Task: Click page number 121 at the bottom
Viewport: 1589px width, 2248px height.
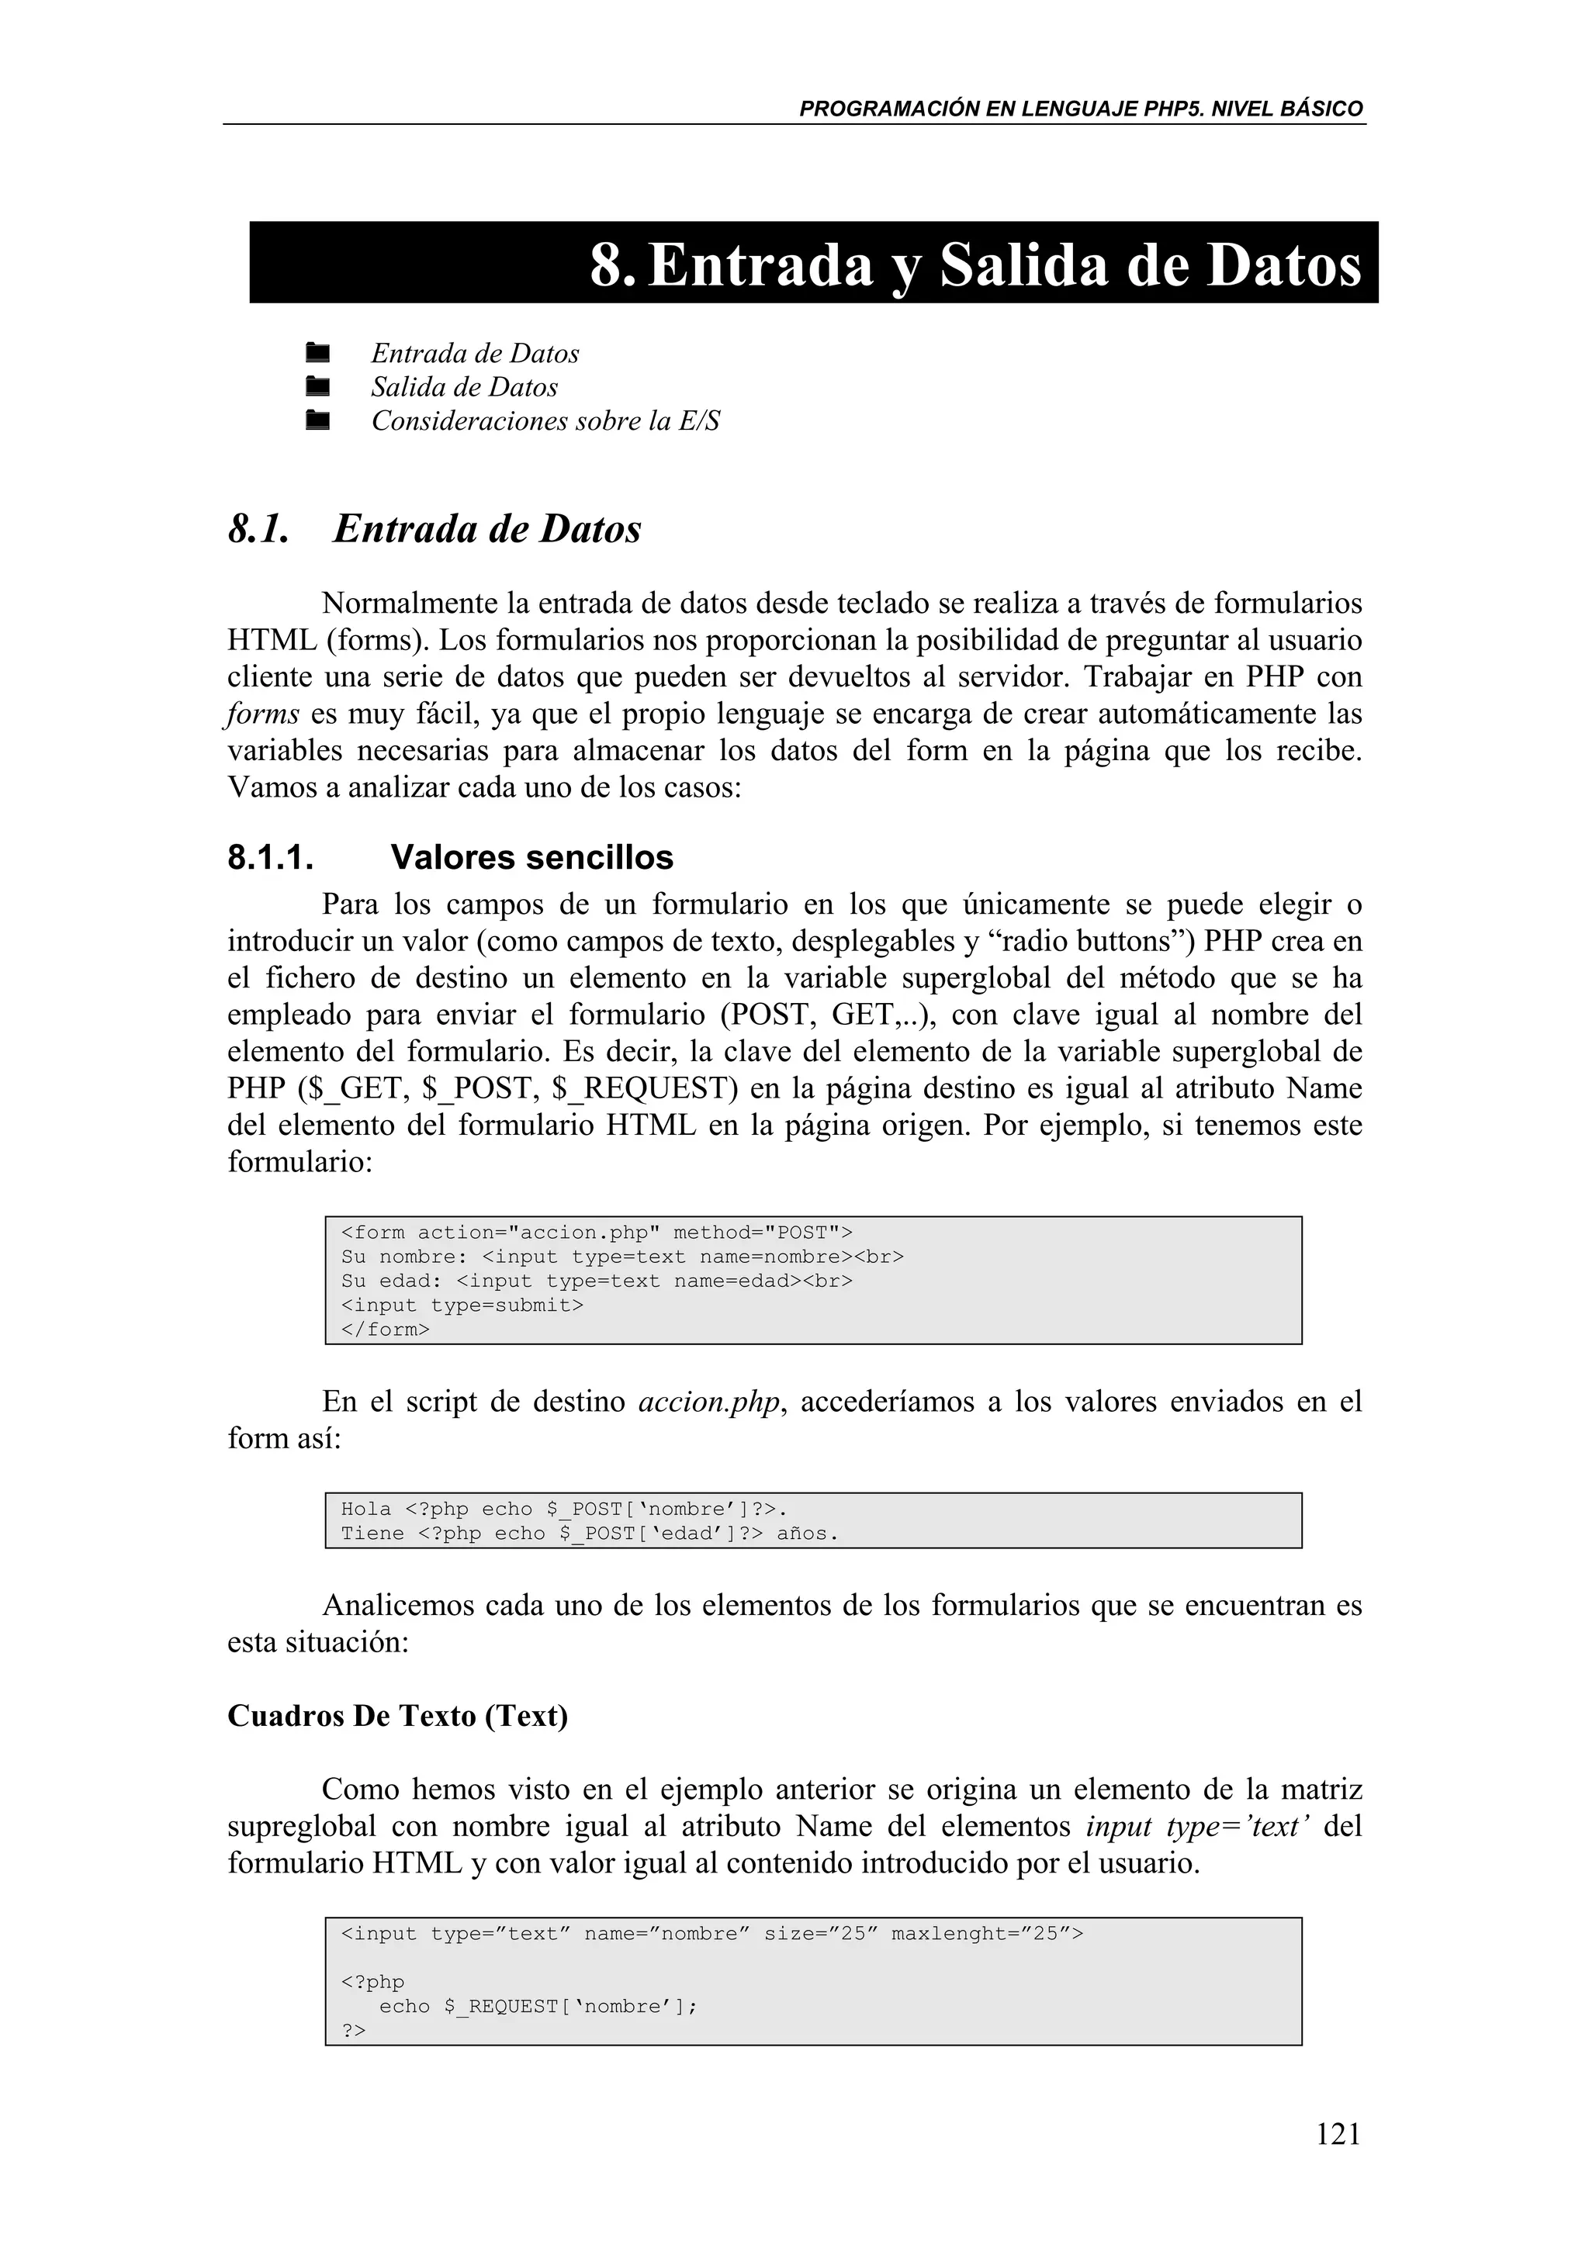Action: pyautogui.click(x=1338, y=2132)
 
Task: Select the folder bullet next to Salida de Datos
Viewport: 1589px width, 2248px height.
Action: pyautogui.click(x=317, y=387)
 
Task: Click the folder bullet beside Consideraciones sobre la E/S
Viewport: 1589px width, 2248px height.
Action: pyautogui.click(x=317, y=421)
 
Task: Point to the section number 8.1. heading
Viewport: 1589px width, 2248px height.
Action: pyautogui.click(x=258, y=530)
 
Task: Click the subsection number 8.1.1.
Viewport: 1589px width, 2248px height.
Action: pyautogui.click(x=270, y=858)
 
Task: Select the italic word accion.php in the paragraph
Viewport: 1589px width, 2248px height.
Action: pyautogui.click(x=709, y=1402)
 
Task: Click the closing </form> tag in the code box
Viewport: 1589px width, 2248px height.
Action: pyautogui.click(x=385, y=1330)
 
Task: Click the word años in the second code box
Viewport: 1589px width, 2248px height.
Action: pyautogui.click(x=806, y=1534)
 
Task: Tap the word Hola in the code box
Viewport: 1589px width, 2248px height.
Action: pyautogui.click(x=365, y=1509)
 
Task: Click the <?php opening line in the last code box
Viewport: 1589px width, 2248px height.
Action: pyautogui.click(x=372, y=1982)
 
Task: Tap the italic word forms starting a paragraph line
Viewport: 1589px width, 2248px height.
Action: pyautogui.click(x=263, y=714)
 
